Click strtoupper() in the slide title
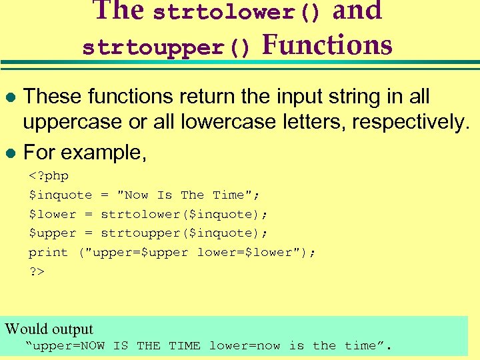[x=166, y=48]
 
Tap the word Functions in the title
[x=327, y=45]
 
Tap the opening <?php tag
[x=49, y=176]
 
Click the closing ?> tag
[x=36, y=271]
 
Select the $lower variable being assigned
[x=52, y=214]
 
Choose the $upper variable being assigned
[x=52, y=233]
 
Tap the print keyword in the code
[x=48, y=253]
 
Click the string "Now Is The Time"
[x=189, y=195]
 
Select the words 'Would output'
[x=49, y=329]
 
